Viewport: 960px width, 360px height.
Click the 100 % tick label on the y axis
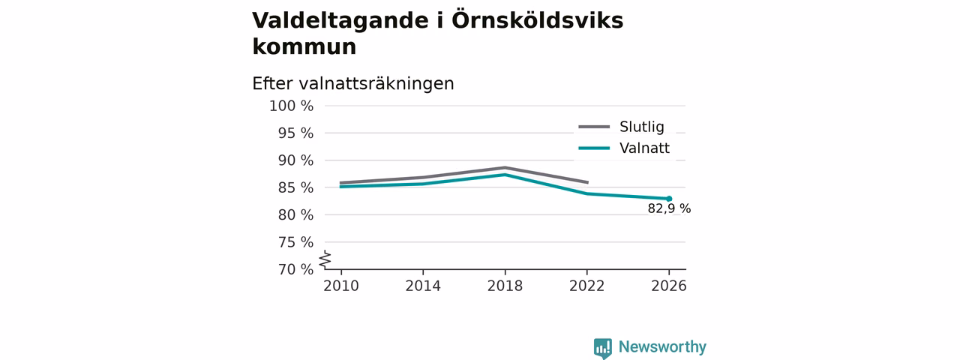pos(292,106)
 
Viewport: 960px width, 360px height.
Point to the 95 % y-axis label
pos(295,133)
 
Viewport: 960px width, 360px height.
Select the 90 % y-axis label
pos(295,160)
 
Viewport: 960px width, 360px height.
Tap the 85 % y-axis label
pos(295,187)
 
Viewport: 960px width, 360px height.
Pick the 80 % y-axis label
pos(295,214)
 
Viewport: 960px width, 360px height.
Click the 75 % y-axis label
pos(295,242)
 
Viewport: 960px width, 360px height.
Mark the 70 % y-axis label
pos(295,269)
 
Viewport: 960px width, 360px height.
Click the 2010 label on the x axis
pos(341,286)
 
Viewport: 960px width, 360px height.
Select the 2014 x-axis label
pos(423,286)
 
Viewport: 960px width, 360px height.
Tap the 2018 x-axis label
pos(505,286)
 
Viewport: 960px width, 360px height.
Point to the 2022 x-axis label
pos(586,286)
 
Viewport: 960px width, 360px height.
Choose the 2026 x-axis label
pos(668,286)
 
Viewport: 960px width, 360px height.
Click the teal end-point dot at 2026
pos(669,199)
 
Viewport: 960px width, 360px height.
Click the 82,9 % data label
pos(669,208)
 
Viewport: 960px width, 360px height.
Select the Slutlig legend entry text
pos(641,127)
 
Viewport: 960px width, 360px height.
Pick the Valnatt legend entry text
pos(644,148)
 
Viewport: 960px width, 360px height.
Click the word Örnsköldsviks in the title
pos(538,20)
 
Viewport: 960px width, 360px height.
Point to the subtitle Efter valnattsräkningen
pos(353,83)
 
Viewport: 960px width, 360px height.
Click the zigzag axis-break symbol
pos(325,259)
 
